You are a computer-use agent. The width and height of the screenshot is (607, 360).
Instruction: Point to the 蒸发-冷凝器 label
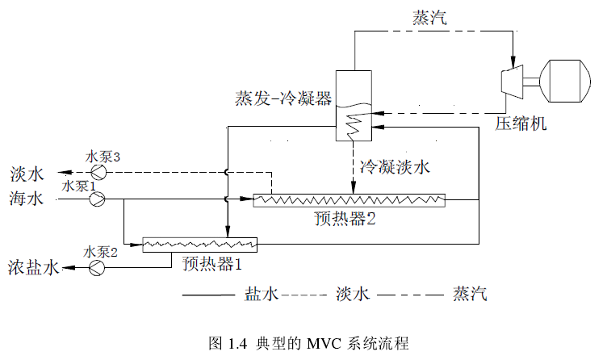tap(283, 99)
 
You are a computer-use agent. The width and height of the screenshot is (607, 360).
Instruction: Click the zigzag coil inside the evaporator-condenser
tap(353, 126)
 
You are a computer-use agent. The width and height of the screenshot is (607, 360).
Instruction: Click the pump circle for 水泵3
tap(98, 173)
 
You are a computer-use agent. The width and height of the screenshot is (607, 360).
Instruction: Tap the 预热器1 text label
tap(212, 263)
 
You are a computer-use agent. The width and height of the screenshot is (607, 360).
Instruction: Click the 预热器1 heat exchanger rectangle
tap(199, 243)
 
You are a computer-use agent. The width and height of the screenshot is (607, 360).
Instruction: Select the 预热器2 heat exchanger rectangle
tap(350, 199)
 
